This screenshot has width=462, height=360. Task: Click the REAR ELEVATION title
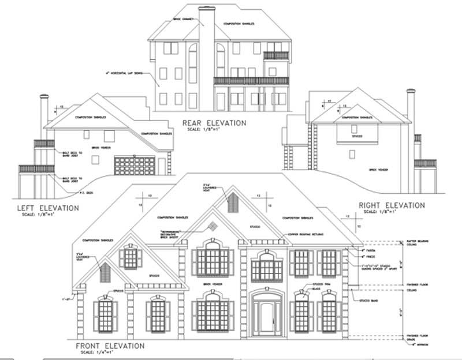214,123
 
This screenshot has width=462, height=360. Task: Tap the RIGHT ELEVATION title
392,205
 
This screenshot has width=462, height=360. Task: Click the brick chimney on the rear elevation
206,58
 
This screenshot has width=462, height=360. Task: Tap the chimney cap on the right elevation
411,91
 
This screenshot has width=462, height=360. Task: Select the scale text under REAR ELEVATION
214,130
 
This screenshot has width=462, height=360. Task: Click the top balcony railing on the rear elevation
276,56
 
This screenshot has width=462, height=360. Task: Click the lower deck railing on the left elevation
36,168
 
